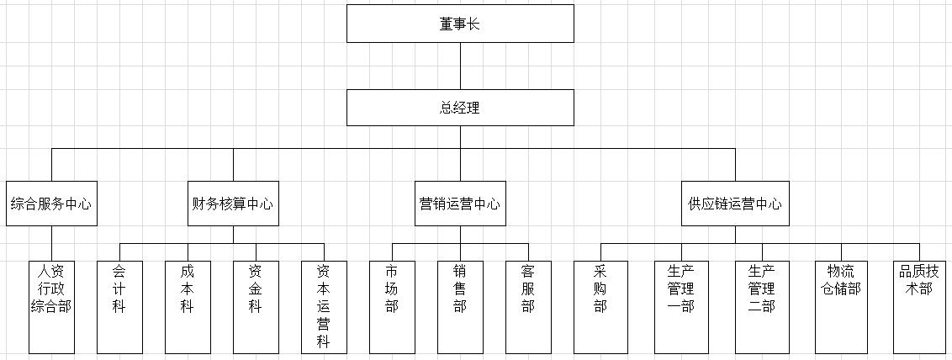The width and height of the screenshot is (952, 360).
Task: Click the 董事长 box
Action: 460,24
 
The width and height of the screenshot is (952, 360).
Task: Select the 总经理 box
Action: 460,108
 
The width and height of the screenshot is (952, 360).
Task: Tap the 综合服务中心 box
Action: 51,204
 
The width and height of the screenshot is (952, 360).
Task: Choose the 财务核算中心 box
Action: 233,204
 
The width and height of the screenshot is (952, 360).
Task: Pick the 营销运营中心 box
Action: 460,204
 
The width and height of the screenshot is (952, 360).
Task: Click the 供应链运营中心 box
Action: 735,204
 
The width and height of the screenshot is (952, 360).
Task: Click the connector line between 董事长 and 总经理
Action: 460,66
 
